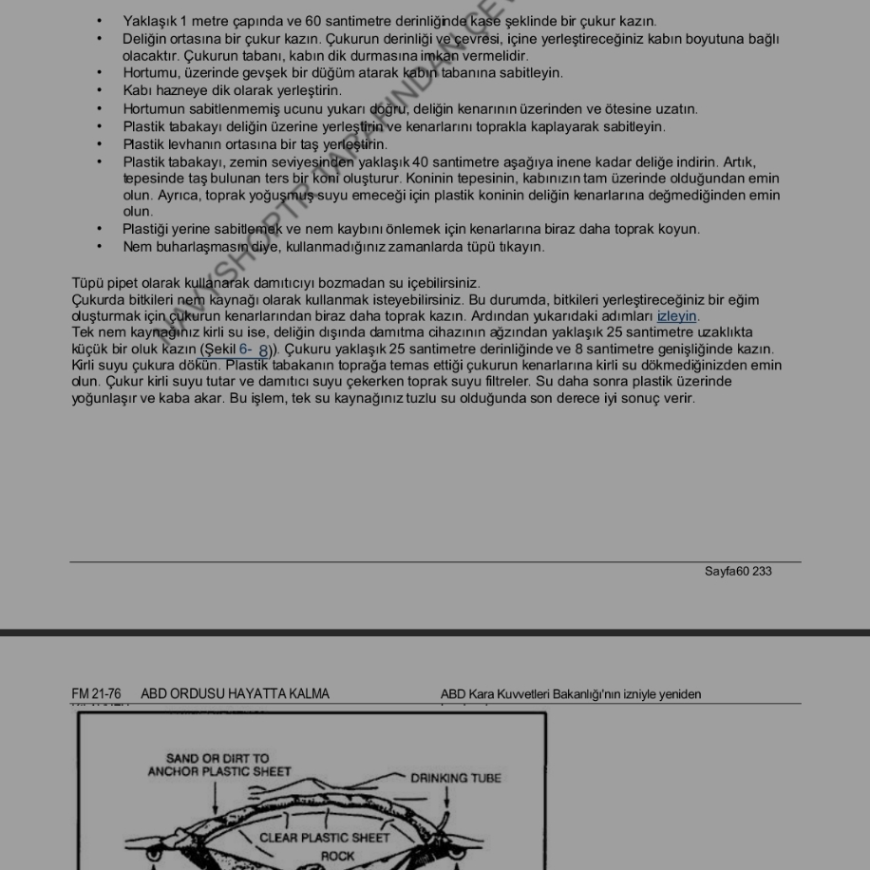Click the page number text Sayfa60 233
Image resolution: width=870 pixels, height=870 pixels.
click(x=738, y=572)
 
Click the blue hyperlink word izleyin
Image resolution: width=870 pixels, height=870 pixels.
click(x=676, y=316)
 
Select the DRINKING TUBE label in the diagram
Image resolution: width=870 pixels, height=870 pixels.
click(x=456, y=778)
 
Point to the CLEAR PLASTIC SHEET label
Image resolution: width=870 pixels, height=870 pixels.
click(x=326, y=838)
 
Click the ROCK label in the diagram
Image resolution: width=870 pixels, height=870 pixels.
click(x=337, y=855)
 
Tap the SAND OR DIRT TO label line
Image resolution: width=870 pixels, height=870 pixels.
click(x=217, y=759)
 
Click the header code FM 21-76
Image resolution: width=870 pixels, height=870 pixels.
click(x=96, y=694)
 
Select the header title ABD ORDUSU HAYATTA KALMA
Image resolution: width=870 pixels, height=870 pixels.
click(x=235, y=694)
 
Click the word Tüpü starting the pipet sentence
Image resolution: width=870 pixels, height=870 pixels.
click(x=88, y=283)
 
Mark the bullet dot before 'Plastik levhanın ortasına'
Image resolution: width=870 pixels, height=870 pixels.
click(x=100, y=144)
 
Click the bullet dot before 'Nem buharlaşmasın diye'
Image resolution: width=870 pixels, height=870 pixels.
click(x=100, y=247)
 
